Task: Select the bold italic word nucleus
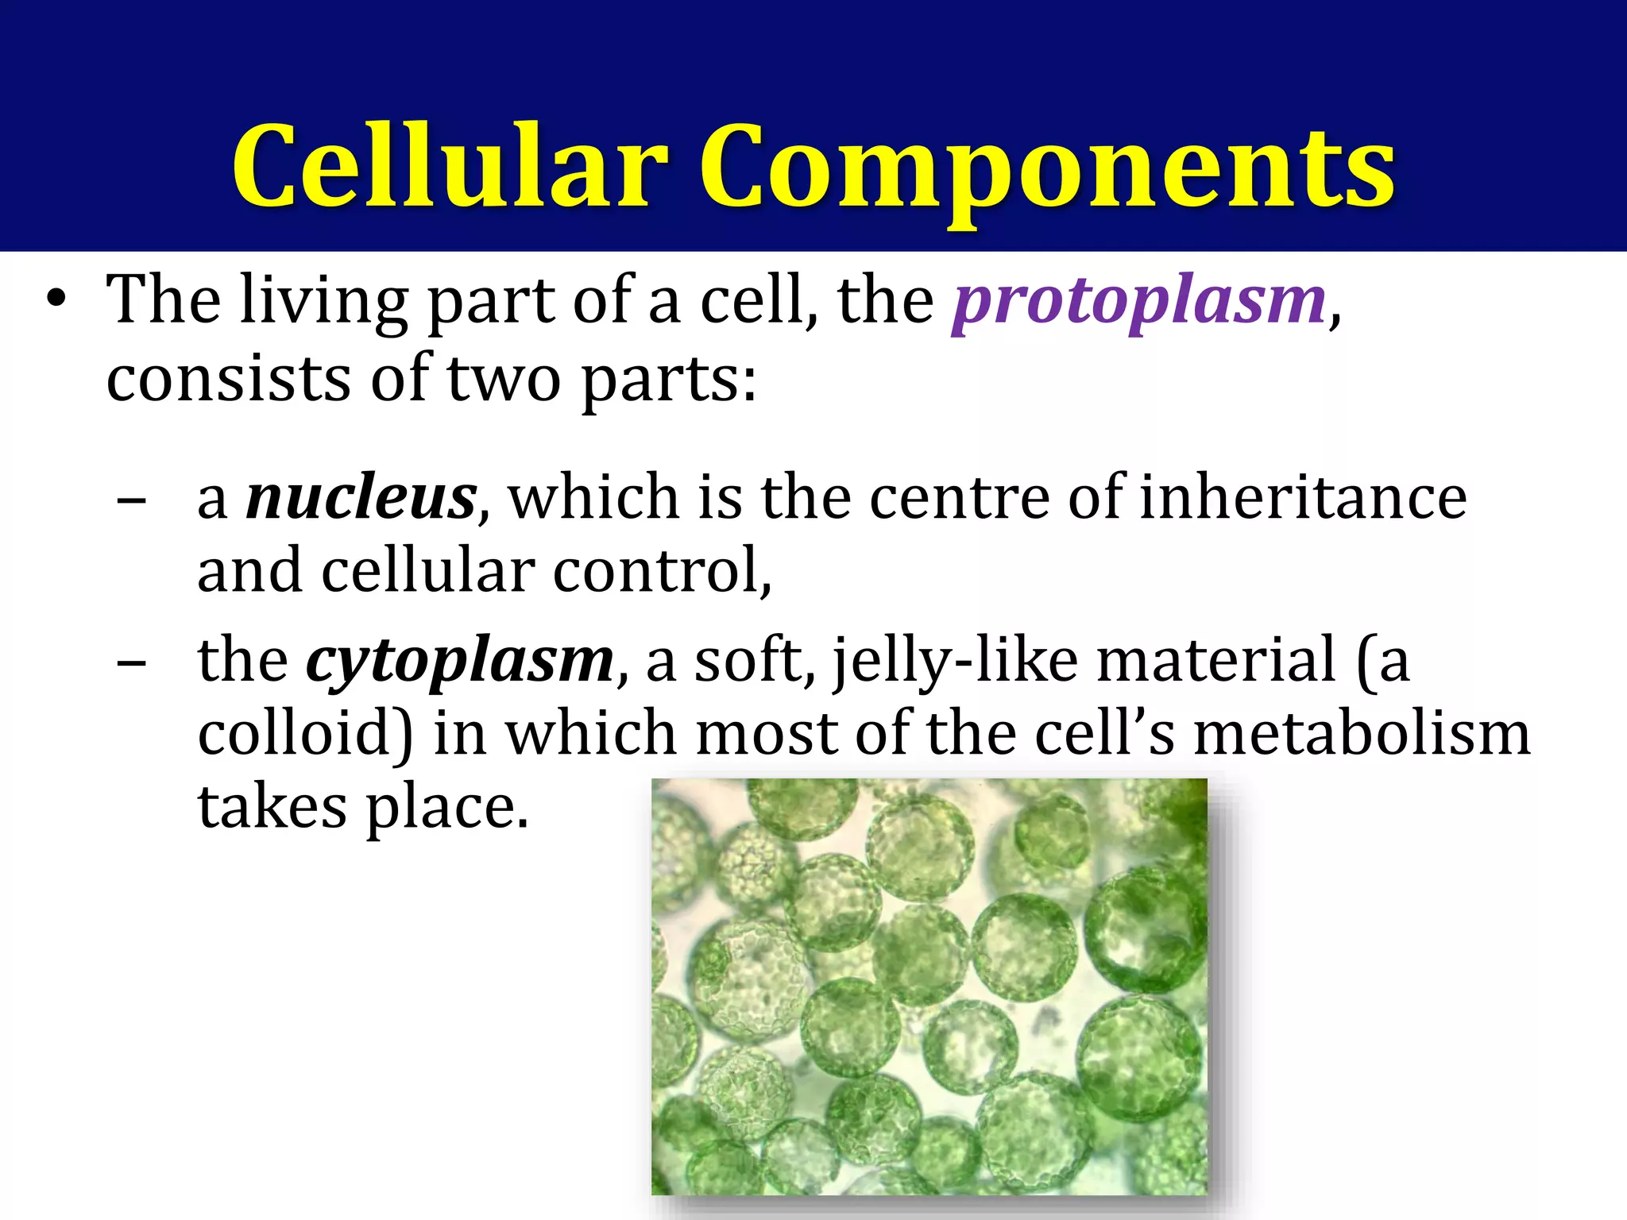(361, 498)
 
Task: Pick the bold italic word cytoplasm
(460, 662)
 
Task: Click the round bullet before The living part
(56, 300)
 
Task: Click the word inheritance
(1303, 498)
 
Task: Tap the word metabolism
(1362, 733)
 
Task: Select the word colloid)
(305, 733)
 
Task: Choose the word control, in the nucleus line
(662, 571)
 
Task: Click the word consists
(229, 379)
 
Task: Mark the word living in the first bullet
(325, 302)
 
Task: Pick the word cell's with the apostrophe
(1104, 733)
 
